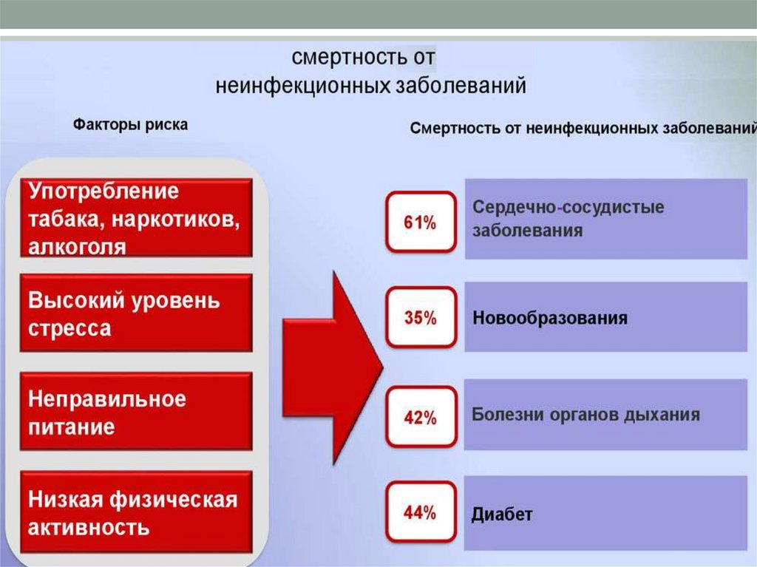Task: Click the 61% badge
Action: coord(420,222)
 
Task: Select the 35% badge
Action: coord(420,319)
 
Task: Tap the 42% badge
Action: coord(420,418)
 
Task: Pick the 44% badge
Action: coord(420,512)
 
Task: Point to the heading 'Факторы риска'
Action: coord(130,124)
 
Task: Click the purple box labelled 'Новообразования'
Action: coord(606,318)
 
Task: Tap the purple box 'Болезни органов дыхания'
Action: coord(606,415)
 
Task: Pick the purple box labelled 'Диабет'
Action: coord(606,513)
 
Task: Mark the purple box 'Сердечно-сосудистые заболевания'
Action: coord(606,218)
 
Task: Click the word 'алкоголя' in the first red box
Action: coord(77,246)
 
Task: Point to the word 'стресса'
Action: coord(69,328)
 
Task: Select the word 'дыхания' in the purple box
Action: coord(665,414)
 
